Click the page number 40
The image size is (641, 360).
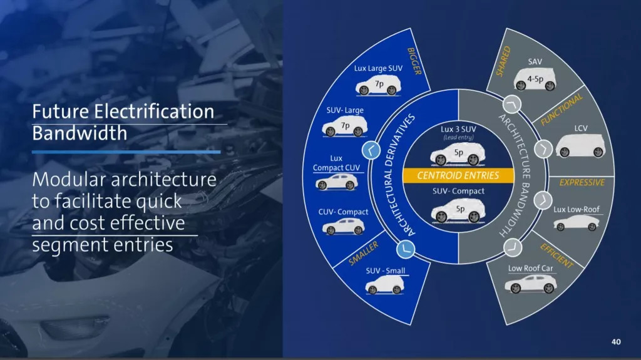[x=616, y=342]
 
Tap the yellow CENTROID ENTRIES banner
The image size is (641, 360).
[x=458, y=175]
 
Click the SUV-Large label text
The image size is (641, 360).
[x=345, y=110]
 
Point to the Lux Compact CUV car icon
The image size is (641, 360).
[x=336, y=182]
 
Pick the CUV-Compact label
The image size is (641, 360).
[x=343, y=212]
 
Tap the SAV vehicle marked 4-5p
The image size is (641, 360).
[x=535, y=80]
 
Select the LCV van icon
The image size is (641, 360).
[x=580, y=146]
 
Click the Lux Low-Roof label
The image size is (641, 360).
[x=577, y=210]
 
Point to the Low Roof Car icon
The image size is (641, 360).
[x=530, y=284]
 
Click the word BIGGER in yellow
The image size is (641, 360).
[x=414, y=61]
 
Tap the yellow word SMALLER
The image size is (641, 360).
[x=364, y=253]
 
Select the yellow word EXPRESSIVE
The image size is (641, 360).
[x=582, y=182]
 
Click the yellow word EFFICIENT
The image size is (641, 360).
[x=556, y=255]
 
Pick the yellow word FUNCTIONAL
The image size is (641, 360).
[x=562, y=109]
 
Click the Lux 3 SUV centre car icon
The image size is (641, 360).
[x=458, y=154]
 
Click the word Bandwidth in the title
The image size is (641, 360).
[x=79, y=133]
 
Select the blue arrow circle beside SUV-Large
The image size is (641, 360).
[x=371, y=150]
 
